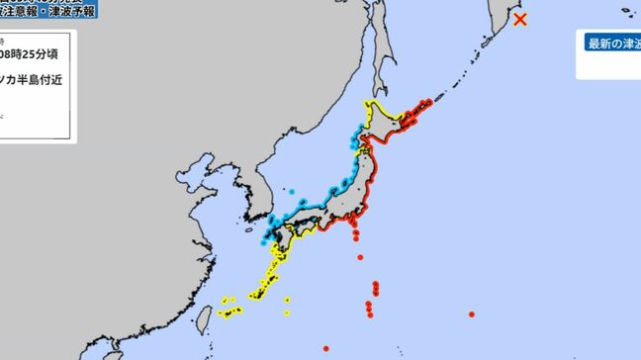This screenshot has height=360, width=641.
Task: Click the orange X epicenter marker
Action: tap(520, 18)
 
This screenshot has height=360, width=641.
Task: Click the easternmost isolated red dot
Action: tap(472, 315)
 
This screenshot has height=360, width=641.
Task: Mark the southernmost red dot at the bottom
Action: tap(325, 348)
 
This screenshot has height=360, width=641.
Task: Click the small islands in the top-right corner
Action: tap(625, 12)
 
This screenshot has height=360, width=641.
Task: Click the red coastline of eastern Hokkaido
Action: tap(420, 108)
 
